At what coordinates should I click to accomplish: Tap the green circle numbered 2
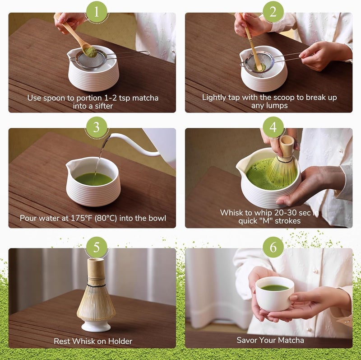(x=273, y=12)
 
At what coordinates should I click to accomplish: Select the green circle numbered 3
(x=96, y=128)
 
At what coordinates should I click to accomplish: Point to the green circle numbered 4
(x=273, y=128)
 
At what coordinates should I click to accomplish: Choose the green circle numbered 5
(x=96, y=247)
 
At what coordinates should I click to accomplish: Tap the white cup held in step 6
(x=274, y=296)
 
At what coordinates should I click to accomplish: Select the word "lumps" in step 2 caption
(x=278, y=106)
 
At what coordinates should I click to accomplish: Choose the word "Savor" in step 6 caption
(x=248, y=340)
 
